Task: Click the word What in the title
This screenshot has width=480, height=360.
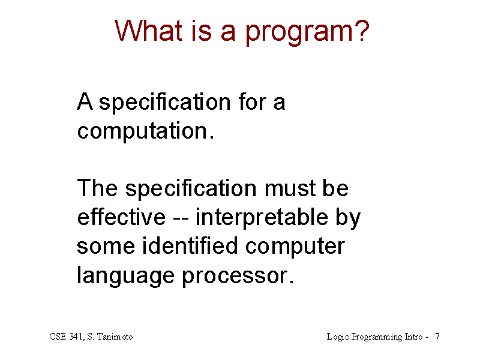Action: click(148, 31)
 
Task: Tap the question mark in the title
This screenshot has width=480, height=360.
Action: click(361, 30)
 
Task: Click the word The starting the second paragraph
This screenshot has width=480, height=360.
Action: click(97, 188)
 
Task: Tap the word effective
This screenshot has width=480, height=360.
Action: click(121, 217)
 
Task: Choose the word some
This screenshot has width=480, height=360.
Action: click(106, 247)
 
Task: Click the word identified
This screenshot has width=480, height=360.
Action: click(190, 245)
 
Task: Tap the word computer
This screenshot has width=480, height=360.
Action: click(295, 248)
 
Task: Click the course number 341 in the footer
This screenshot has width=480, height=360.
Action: click(76, 337)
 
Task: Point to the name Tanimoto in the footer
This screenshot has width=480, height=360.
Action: click(115, 337)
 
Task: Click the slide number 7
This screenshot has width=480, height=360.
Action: click(437, 337)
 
